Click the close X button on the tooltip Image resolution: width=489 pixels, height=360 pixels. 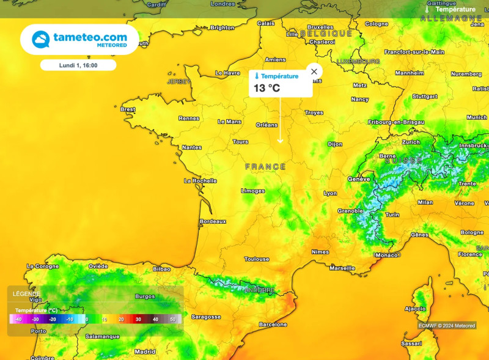pos(314,72)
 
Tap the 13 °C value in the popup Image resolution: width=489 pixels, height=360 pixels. pos(267,88)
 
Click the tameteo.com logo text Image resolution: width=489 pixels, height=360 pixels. pos(90,37)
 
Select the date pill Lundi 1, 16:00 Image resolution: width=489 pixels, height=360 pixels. pos(78,65)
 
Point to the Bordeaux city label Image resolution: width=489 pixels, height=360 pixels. pos(213,221)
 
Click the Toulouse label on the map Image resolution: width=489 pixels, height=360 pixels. pos(257,259)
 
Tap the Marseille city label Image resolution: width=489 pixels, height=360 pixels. pos(342,268)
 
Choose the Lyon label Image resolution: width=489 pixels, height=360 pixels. pos(330,193)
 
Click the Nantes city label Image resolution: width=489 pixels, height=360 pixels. pos(192,147)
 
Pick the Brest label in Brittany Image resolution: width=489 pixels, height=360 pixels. pos(128,109)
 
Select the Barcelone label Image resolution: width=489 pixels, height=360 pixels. pos(273,325)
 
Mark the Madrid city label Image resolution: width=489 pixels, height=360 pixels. pos(145,351)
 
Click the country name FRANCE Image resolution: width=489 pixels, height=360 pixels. pos(265,167)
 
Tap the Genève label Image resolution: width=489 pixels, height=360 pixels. pos(359,179)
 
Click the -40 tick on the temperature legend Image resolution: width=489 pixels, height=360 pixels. pos(18,320)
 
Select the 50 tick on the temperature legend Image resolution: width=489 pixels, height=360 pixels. pos(172,320)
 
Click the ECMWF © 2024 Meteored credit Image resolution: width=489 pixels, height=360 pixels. pos(447,326)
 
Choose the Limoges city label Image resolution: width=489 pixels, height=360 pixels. pos(253,191)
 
